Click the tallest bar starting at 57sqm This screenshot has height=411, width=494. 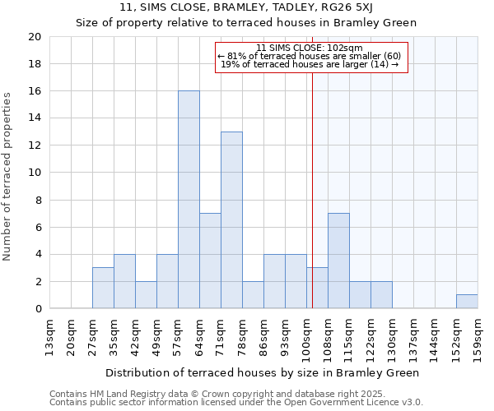point(189,200)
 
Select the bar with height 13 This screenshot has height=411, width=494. point(231,220)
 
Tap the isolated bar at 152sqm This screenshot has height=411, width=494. point(467,302)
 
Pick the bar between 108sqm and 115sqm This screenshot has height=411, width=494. point(338,261)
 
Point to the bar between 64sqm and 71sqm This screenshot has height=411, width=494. point(210,261)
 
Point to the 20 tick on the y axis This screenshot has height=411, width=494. point(34,37)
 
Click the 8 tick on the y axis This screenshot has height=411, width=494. point(37,200)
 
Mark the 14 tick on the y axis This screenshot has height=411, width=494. point(34,118)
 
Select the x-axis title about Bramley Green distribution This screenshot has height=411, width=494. point(263,372)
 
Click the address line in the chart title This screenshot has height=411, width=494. point(246,8)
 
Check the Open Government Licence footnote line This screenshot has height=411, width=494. point(236,403)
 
